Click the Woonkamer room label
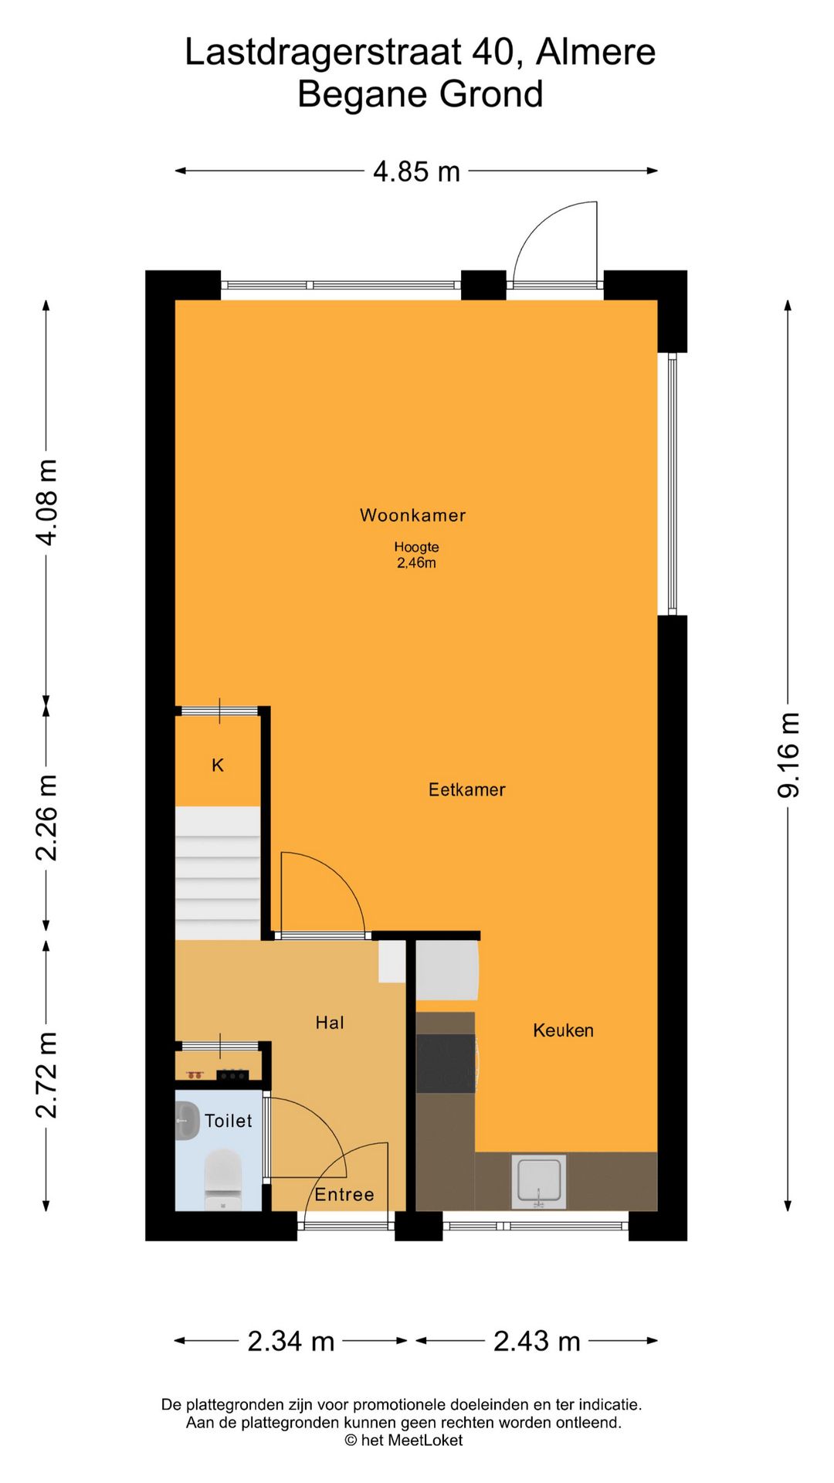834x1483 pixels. point(412,515)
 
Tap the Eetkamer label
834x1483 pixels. point(466,789)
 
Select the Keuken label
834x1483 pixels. point(563,1030)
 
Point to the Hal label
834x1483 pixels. point(330,1023)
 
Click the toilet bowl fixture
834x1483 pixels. point(223,1179)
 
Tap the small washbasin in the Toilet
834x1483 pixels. point(187,1120)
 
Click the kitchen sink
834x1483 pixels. point(539,1182)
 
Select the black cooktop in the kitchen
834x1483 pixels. point(446,1064)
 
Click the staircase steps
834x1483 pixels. point(218,874)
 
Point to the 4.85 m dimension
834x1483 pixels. point(416,171)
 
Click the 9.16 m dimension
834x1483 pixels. point(788,755)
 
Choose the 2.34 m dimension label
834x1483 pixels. point(291,1341)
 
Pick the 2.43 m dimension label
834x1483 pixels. point(537,1341)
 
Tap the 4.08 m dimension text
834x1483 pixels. point(46,502)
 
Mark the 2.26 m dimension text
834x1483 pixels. point(46,817)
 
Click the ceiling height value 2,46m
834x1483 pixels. point(416,563)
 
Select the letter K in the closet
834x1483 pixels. point(218,765)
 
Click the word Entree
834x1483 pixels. point(344,1194)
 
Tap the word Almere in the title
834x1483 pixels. point(595,52)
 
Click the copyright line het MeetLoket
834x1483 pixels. point(404,1440)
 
